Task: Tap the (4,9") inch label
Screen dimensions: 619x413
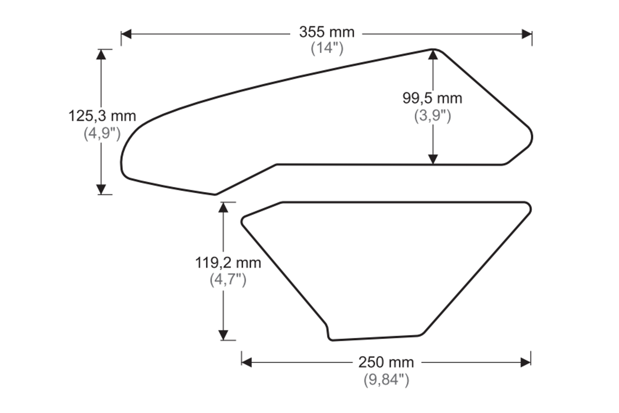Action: [102, 133]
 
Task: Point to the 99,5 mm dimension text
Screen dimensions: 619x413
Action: [432, 98]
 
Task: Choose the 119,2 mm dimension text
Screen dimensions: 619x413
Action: [228, 263]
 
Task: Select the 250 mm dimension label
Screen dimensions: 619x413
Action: [386, 362]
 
